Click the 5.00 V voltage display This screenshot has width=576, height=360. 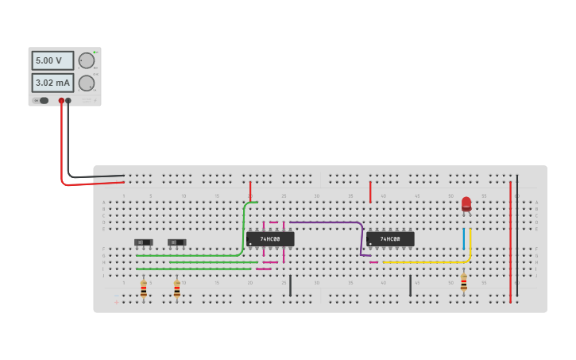pyautogui.click(x=52, y=60)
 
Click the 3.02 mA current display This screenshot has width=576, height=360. pyautogui.click(x=52, y=83)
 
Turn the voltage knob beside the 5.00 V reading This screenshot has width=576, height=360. pyautogui.click(x=87, y=60)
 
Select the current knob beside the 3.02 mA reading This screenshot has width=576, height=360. pyautogui.click(x=87, y=83)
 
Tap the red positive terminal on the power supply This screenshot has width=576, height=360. pyautogui.click(x=61, y=101)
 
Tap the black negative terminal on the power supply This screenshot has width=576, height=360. pyautogui.click(x=68, y=101)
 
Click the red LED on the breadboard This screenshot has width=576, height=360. pyautogui.click(x=466, y=203)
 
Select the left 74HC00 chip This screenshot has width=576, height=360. pyautogui.click(x=270, y=238)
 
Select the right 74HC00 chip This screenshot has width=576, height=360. pyautogui.click(x=390, y=238)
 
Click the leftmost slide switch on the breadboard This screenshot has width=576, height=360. pyautogui.click(x=143, y=242)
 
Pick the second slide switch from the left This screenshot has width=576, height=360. pyautogui.click(x=176, y=242)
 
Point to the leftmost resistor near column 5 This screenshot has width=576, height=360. pyautogui.click(x=144, y=289)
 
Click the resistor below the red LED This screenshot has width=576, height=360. pyautogui.click(x=464, y=282)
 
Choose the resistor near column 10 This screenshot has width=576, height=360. pyautogui.click(x=177, y=289)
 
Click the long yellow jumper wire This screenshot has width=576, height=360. pyautogui.click(x=429, y=261)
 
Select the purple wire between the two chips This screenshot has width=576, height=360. pyautogui.click(x=326, y=223)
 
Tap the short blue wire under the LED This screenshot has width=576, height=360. pyautogui.click(x=464, y=238)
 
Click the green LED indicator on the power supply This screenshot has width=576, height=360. pyautogui.click(x=95, y=52)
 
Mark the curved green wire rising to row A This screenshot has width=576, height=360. pyautogui.click(x=244, y=226)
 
